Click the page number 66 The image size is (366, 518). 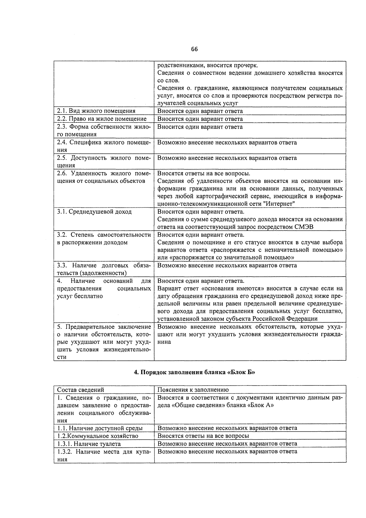pos(195,49)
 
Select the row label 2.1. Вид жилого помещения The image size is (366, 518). pos(96,111)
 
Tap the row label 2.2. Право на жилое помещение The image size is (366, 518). pos(102,119)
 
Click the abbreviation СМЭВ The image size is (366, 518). pos(303,227)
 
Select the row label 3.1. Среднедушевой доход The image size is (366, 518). pos(94,212)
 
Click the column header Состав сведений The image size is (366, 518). pos(81,390)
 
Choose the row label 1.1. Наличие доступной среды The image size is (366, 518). pos(100,428)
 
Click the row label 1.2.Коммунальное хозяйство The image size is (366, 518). pos(98,436)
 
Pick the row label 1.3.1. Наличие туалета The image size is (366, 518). pos(89,444)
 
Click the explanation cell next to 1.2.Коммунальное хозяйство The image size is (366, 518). pos(203,436)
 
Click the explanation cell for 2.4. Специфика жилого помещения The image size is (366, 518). pos(227,143)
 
